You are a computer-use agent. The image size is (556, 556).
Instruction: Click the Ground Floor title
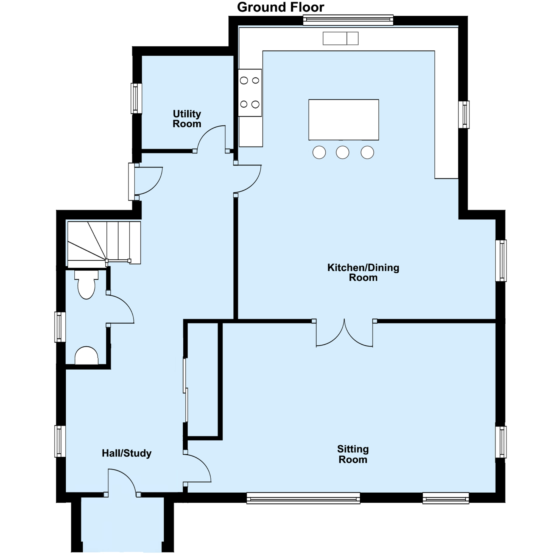coord(280,7)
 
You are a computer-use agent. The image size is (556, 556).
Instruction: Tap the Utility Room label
coord(187,119)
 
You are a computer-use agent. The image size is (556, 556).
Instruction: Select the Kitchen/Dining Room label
coord(363,272)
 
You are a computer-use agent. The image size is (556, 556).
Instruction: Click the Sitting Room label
coord(353,454)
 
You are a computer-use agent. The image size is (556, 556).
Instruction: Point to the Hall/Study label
coord(126,453)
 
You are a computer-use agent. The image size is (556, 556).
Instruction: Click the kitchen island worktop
coord(343,120)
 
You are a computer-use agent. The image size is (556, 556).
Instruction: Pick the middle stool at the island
coord(342,152)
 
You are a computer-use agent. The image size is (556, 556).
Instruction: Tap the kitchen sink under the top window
coord(340,38)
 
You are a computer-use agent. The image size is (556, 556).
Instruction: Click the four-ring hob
coord(250,93)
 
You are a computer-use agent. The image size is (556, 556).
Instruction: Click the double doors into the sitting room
coord(344,334)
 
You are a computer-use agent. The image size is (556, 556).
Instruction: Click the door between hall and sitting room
coord(198,468)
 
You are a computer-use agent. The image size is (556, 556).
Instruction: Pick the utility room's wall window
coord(136,98)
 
